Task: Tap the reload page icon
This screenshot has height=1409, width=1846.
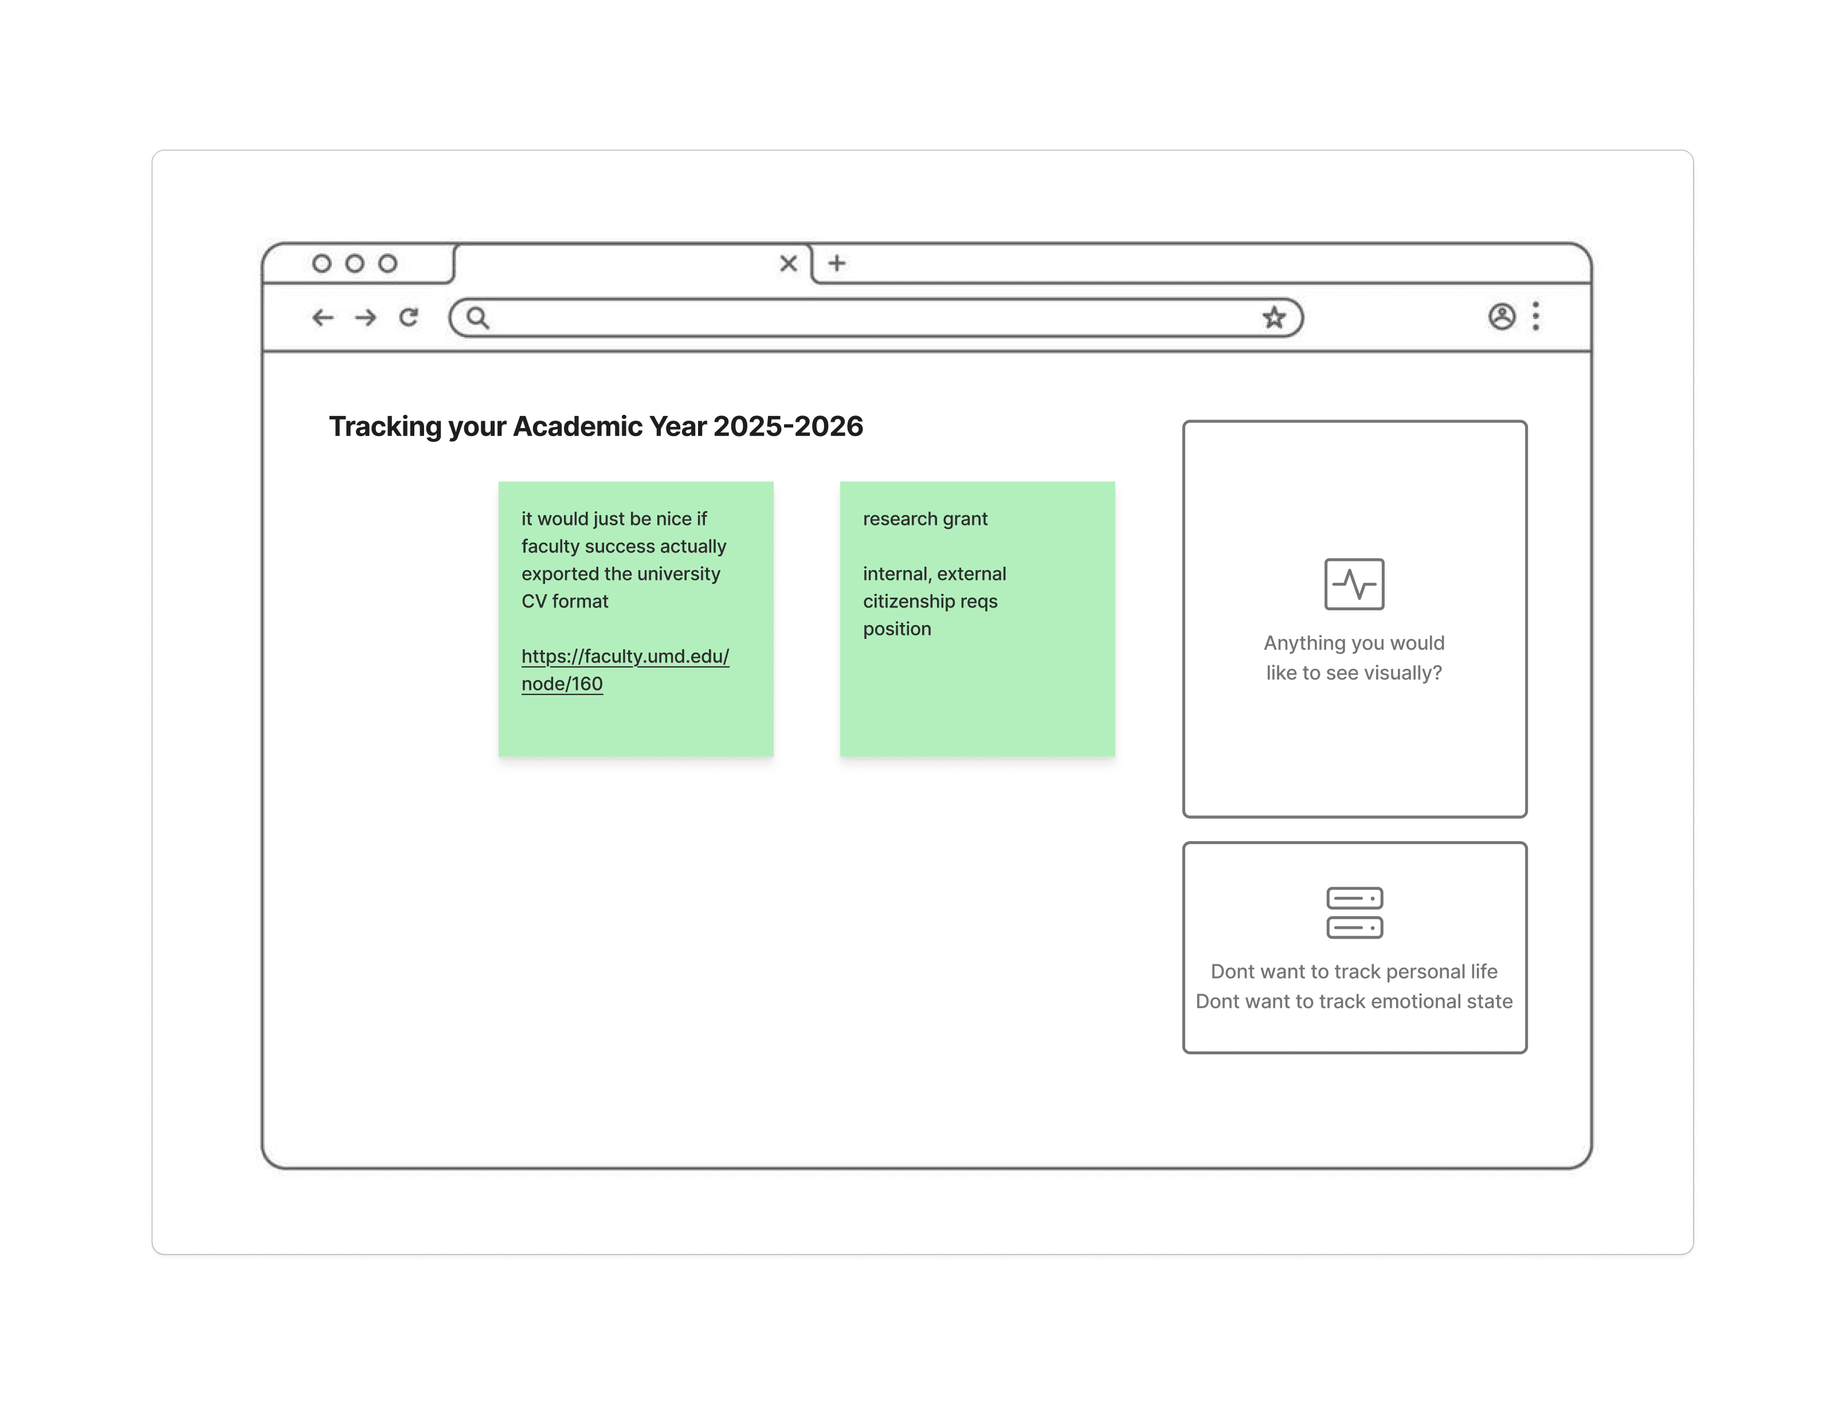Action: click(409, 317)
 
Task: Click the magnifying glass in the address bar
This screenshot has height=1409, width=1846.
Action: click(478, 318)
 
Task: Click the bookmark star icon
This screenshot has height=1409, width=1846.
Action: click(1274, 318)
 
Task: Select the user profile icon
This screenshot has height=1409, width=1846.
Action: click(1502, 316)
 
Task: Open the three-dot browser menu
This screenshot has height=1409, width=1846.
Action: click(1536, 316)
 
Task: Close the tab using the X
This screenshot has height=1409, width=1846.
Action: click(789, 264)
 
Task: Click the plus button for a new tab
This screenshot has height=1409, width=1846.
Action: click(836, 264)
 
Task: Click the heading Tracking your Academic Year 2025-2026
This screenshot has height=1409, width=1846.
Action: click(595, 426)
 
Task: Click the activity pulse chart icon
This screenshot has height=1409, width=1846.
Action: click(1354, 584)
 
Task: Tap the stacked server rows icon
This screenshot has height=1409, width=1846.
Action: click(1354, 912)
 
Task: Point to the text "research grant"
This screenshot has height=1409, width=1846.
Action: click(925, 519)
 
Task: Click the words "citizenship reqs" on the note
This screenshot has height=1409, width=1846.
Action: click(930, 601)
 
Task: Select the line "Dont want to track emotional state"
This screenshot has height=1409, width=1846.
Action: click(1354, 1002)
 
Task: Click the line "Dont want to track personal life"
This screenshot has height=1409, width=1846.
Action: click(1354, 971)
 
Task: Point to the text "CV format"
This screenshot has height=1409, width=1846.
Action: click(565, 601)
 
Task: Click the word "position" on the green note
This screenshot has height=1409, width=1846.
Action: click(896, 629)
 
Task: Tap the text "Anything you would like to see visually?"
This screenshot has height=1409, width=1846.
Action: click(1354, 658)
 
